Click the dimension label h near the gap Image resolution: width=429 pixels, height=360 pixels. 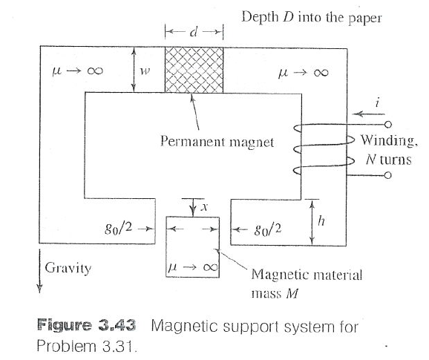pyautogui.click(x=321, y=220)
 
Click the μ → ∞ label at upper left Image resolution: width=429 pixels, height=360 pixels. pyautogui.click(x=68, y=72)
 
